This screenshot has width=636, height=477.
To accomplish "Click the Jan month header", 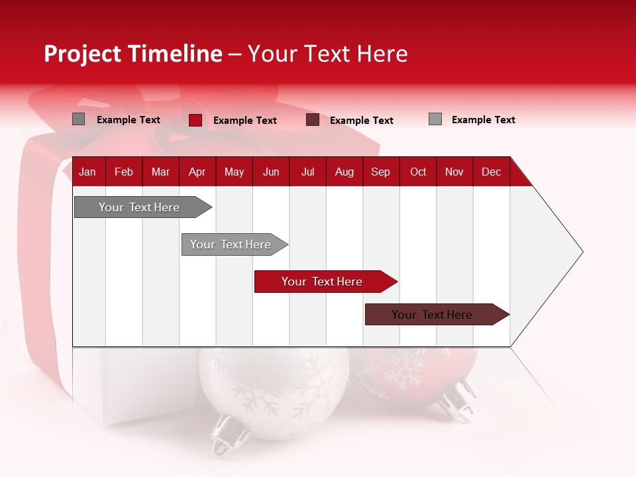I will tap(88, 172).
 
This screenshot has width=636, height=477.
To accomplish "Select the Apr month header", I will tap(197, 172).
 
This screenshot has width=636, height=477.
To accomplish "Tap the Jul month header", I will tap(308, 172).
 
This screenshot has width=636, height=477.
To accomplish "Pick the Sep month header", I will tap(381, 172).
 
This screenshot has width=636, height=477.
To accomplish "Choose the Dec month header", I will tap(492, 172).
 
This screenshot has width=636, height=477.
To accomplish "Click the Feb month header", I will tap(124, 172).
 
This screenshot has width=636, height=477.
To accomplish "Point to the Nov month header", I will tap(454, 172).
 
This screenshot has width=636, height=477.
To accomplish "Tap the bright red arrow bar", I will tap(323, 282).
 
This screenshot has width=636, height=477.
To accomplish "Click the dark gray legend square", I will tap(79, 119).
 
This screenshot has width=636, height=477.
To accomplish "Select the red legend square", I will tap(195, 120).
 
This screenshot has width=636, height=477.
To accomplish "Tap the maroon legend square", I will tap(313, 120).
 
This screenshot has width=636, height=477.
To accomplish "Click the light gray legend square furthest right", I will tap(435, 119).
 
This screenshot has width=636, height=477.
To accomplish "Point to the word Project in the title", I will tap(83, 54).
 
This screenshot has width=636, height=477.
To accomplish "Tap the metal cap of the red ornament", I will tap(457, 401).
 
